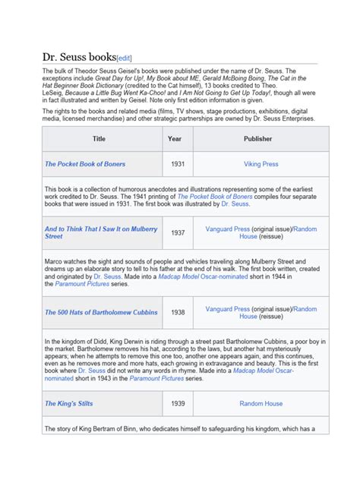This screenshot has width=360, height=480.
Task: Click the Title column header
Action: pyautogui.click(x=99, y=139)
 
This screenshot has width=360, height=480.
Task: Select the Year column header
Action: pyautogui.click(x=175, y=139)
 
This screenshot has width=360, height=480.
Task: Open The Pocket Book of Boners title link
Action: pyautogui.click(x=85, y=164)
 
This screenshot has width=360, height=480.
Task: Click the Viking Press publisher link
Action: pyautogui.click(x=261, y=164)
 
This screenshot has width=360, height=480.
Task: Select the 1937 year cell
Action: pyautogui.click(x=178, y=232)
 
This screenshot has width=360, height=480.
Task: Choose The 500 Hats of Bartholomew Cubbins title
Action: pyautogui.click(x=101, y=312)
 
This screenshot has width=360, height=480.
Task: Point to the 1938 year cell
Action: pyautogui.click(x=178, y=312)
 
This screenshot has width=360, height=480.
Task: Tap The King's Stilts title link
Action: pyautogui.click(x=69, y=403)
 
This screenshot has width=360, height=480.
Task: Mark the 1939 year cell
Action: pyautogui.click(x=178, y=403)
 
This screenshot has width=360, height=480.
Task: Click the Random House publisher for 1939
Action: pyautogui.click(x=261, y=403)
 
